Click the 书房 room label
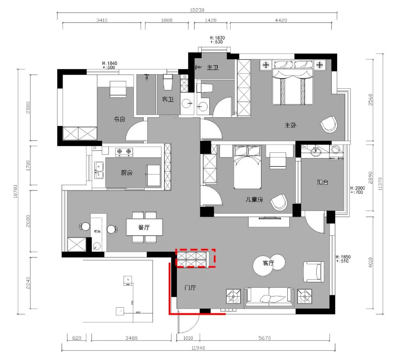[119, 119]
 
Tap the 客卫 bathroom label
[168, 99]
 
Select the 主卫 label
[212, 68]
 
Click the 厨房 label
[127, 173]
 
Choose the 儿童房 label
[255, 199]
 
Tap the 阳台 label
[323, 182]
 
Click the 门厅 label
[190, 288]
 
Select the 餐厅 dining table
[144, 228]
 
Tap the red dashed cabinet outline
[195, 258]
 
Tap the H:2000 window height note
[357, 188]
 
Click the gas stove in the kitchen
[124, 152]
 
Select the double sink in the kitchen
[99, 170]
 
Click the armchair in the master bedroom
[329, 124]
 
